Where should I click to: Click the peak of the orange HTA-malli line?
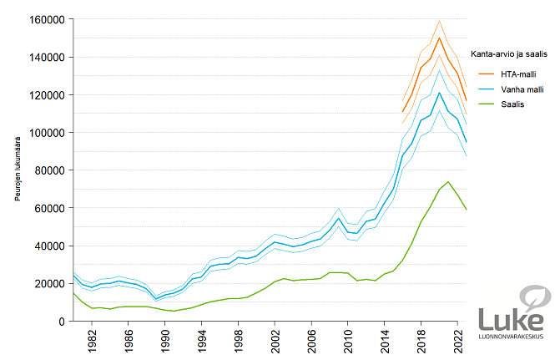[439, 38]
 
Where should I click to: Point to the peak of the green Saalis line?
[448, 181]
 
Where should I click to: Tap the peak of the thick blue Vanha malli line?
[439, 92]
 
